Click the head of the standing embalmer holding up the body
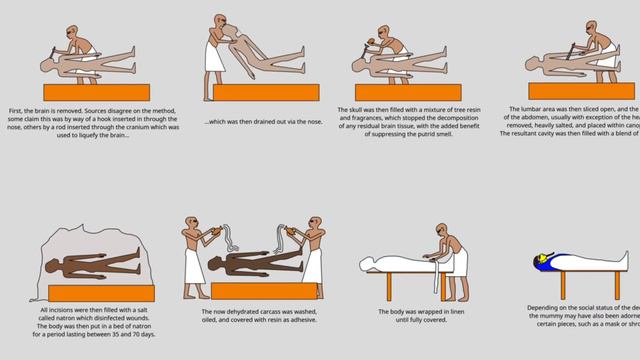(220, 23)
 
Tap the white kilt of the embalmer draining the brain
(214, 60)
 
